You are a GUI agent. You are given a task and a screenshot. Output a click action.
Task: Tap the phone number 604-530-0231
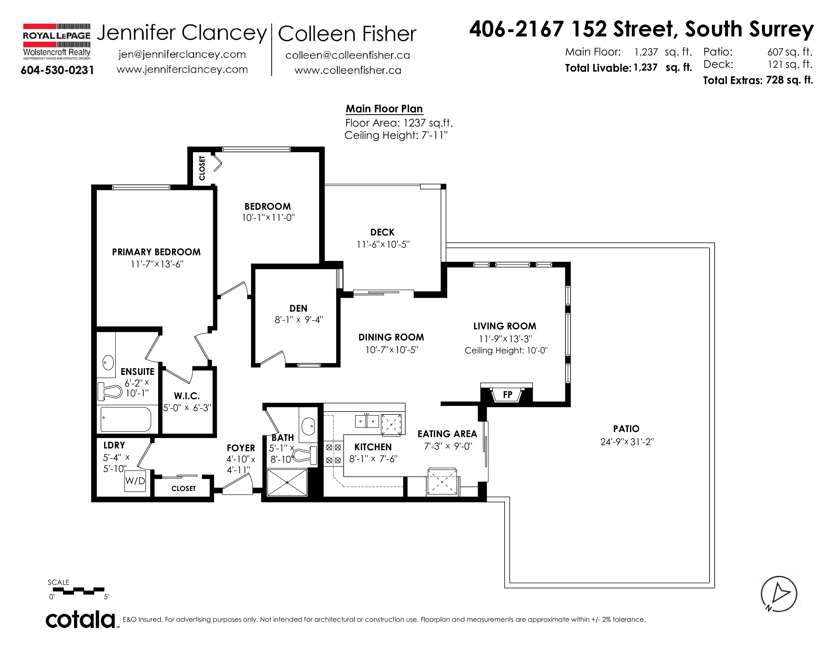click(57, 70)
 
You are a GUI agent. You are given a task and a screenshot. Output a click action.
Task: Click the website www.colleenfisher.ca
click(348, 70)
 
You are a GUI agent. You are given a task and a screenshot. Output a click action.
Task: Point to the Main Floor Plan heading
click(384, 109)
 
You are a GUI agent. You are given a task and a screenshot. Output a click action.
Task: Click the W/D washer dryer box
click(135, 481)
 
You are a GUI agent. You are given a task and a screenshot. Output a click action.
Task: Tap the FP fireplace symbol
click(506, 394)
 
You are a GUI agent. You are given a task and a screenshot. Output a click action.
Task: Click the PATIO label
click(626, 429)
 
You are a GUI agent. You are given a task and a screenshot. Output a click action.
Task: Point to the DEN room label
click(298, 308)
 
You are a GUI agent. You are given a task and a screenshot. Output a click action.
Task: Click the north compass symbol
click(779, 594)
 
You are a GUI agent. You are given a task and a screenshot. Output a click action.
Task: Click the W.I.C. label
click(187, 396)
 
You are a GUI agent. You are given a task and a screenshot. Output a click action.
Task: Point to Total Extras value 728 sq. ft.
click(789, 80)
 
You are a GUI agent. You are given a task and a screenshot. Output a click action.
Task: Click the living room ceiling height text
click(506, 350)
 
